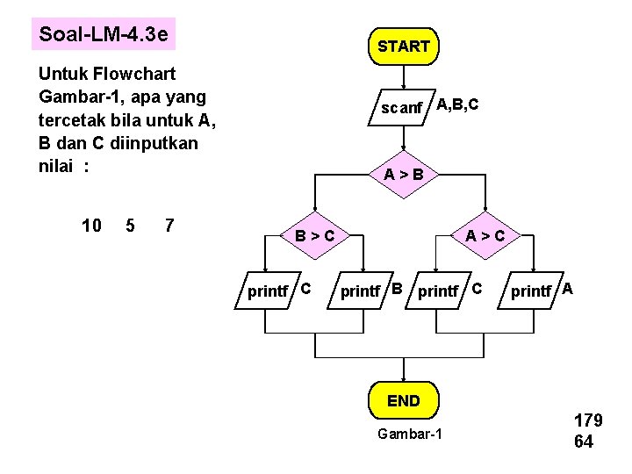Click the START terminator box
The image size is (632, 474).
[404, 47]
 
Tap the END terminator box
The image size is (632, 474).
[404, 401]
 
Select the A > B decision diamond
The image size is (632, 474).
[404, 175]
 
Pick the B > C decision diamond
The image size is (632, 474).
[314, 235]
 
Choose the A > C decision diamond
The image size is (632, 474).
[485, 235]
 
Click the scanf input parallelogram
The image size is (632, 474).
[401, 108]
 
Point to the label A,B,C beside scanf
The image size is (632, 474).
[457, 105]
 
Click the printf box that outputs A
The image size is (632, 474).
[532, 291]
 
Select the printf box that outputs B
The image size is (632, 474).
[361, 291]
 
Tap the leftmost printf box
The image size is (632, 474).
[269, 291]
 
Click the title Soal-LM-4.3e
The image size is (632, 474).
[104, 35]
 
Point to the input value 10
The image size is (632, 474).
[91, 226]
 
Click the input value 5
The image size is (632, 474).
[130, 226]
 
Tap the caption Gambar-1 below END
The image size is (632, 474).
[409, 435]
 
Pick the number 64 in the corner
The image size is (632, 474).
[584, 442]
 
